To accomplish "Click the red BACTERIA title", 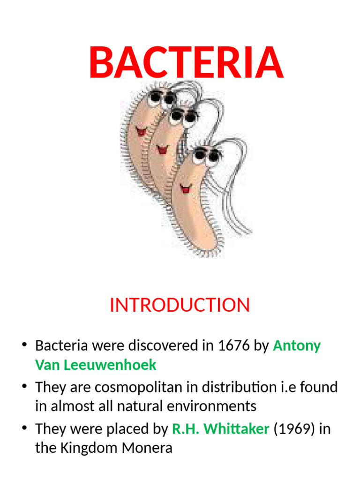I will tap(186, 63).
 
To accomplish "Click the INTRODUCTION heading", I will tap(180, 305).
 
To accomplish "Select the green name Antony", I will tap(297, 346).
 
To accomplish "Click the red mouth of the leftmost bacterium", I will tap(141, 131).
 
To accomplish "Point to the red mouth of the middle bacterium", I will tap(162, 150).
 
